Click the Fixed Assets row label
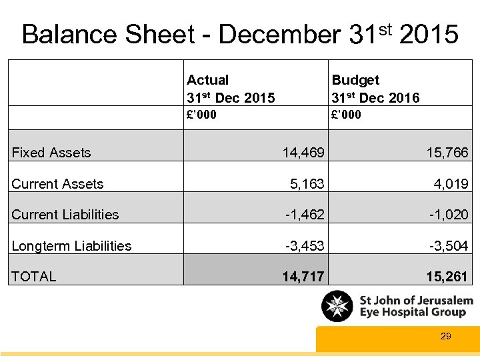51,153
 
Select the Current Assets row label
58,184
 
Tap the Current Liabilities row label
65,215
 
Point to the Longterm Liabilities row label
71,246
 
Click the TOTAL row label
34,277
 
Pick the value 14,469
303,153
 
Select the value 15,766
447,153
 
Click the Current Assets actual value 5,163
308,184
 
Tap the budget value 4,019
452,184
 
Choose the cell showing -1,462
305,215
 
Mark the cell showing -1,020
449,215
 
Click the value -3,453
305,246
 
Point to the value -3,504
449,246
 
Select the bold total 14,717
303,277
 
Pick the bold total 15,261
447,277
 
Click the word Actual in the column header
207,80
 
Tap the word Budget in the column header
355,80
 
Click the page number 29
446,337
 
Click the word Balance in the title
69,34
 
